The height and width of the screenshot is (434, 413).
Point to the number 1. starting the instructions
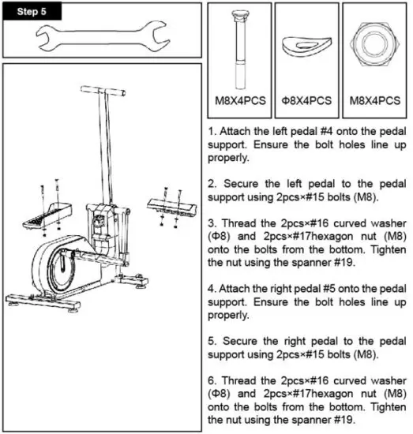(212, 125)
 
